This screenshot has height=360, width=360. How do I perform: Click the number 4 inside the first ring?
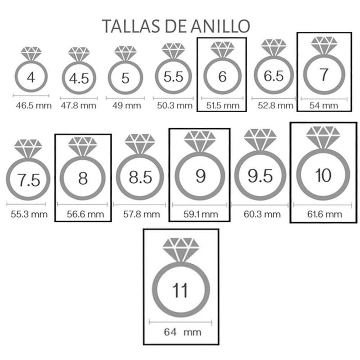click(31, 77)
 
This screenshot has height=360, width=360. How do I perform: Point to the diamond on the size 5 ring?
click(125, 53)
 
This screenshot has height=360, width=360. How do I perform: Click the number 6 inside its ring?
click(222, 76)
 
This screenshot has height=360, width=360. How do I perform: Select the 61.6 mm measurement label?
click(323, 214)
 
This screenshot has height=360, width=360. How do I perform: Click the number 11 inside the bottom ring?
click(180, 290)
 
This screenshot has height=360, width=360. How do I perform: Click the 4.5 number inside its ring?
click(79, 79)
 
